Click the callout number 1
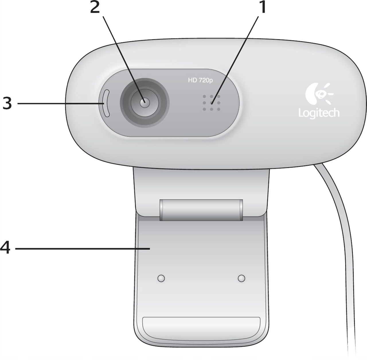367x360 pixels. (x=262, y=8)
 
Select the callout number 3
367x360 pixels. (x=7, y=103)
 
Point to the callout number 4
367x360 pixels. (x=5, y=247)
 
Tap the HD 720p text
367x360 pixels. (x=200, y=80)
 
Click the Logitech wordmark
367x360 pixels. (x=319, y=113)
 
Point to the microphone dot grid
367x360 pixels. (x=211, y=103)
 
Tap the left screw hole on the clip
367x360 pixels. (x=161, y=278)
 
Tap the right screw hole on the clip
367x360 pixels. (x=242, y=278)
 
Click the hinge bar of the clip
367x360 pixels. (x=201, y=210)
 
